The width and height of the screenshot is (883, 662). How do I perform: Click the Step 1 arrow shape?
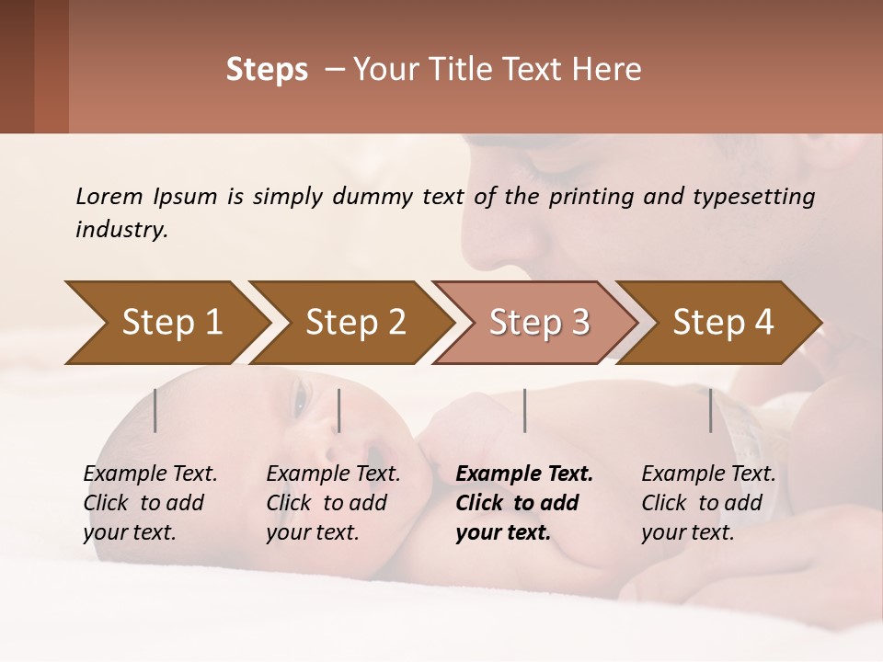point(166,323)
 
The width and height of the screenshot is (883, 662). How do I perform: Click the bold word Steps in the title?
point(267,70)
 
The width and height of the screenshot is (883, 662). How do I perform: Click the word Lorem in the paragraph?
point(109,196)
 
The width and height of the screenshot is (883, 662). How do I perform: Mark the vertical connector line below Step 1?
point(155,410)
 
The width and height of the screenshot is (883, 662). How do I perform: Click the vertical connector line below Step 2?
point(339,410)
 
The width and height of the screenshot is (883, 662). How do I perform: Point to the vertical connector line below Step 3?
point(524,410)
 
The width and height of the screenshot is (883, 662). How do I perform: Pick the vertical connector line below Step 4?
point(710,410)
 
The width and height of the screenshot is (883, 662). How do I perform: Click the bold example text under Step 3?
point(522,503)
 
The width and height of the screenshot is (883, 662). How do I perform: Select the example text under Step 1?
point(149,503)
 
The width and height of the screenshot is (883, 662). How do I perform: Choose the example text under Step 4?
point(706,503)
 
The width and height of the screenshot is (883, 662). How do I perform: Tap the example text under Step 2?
point(332,503)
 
